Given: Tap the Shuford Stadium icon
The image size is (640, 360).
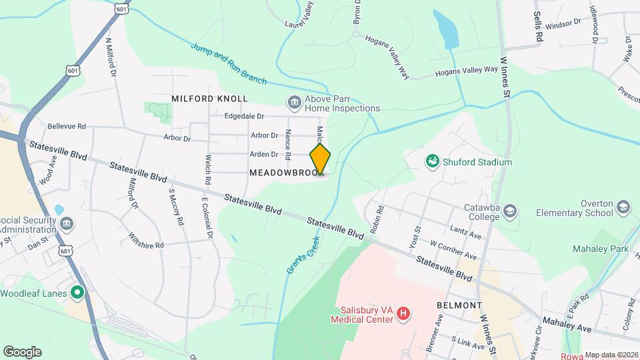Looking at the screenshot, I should [433, 161].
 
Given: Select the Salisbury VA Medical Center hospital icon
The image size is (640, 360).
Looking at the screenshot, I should [403, 313].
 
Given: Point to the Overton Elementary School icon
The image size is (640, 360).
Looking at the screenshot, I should [623, 207].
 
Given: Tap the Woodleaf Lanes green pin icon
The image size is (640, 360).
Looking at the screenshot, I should [77, 291].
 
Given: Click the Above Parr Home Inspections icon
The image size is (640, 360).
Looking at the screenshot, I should [293, 102].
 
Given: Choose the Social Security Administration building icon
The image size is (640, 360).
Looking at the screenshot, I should [66, 222].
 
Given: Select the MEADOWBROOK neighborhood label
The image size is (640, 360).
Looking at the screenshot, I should [283, 172].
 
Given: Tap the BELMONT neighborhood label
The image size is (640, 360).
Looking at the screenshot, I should [459, 305].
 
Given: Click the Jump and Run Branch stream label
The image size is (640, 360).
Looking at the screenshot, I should [228, 64].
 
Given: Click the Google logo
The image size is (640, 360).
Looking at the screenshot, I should [22, 351].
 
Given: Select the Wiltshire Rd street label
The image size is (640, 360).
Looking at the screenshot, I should [146, 245].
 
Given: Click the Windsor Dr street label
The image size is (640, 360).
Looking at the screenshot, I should [563, 24].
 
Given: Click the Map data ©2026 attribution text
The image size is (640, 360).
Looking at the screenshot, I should [611, 355].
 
